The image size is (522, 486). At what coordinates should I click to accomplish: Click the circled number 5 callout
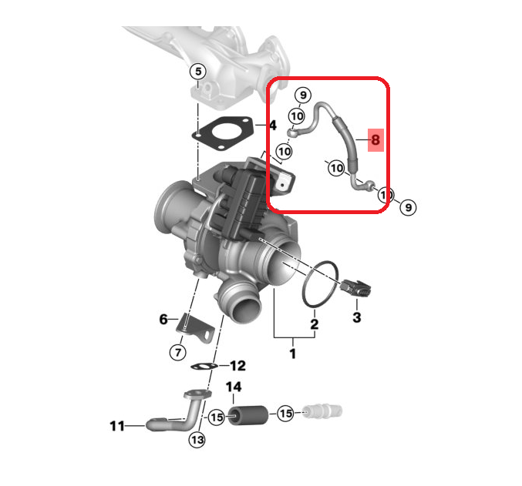tap(198, 72)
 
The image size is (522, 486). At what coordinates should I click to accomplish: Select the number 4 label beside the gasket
tap(273, 126)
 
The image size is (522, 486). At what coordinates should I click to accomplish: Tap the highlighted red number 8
tap(376, 139)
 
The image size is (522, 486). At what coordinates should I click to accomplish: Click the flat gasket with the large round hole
tap(222, 132)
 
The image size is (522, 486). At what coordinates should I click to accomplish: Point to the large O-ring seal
tap(319, 283)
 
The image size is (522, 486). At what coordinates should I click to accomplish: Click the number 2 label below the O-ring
tap(315, 324)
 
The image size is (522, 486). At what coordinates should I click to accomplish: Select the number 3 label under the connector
tap(356, 317)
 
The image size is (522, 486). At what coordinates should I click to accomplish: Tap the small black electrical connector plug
tap(355, 288)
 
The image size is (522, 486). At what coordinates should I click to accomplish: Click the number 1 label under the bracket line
tap(293, 354)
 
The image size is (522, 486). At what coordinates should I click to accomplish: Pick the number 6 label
tap(163, 320)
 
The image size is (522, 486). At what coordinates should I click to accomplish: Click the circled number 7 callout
tap(178, 352)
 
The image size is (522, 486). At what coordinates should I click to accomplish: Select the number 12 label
tap(237, 366)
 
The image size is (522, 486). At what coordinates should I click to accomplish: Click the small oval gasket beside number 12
tap(204, 367)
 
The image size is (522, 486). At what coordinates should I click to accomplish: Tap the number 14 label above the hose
tap(234, 387)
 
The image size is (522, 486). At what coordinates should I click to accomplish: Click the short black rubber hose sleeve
tap(248, 415)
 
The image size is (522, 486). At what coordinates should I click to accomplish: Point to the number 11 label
tap(117, 426)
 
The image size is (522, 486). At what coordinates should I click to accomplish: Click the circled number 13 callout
tap(197, 440)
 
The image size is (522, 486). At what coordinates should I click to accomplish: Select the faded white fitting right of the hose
tap(322, 412)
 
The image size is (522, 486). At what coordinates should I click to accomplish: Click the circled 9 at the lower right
tap(408, 207)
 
